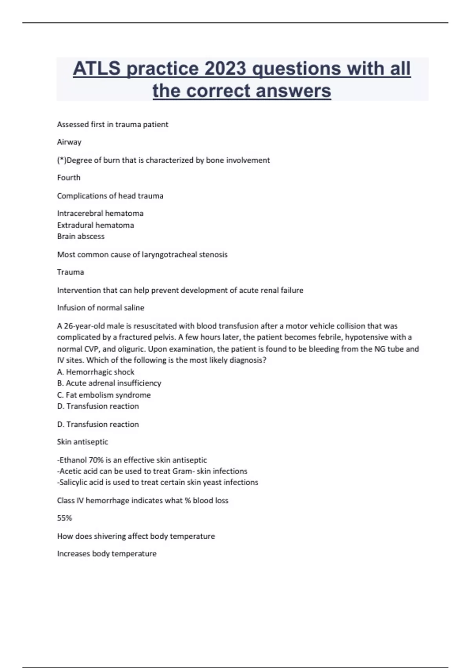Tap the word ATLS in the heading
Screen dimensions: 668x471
(x=97, y=69)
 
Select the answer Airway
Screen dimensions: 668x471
(x=69, y=142)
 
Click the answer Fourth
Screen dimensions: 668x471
(x=69, y=178)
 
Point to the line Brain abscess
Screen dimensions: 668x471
(x=81, y=237)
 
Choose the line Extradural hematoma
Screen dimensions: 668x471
(x=95, y=225)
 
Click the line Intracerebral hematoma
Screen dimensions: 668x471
(x=100, y=213)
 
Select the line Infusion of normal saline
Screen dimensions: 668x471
(x=100, y=308)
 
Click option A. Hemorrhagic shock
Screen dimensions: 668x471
(x=95, y=372)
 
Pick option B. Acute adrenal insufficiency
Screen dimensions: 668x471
(x=109, y=383)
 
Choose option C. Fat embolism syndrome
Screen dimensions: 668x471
(x=104, y=395)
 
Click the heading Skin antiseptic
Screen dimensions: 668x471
(x=82, y=442)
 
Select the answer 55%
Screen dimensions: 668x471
(x=64, y=518)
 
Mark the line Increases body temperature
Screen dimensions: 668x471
(x=107, y=554)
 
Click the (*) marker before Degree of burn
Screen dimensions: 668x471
(x=62, y=160)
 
